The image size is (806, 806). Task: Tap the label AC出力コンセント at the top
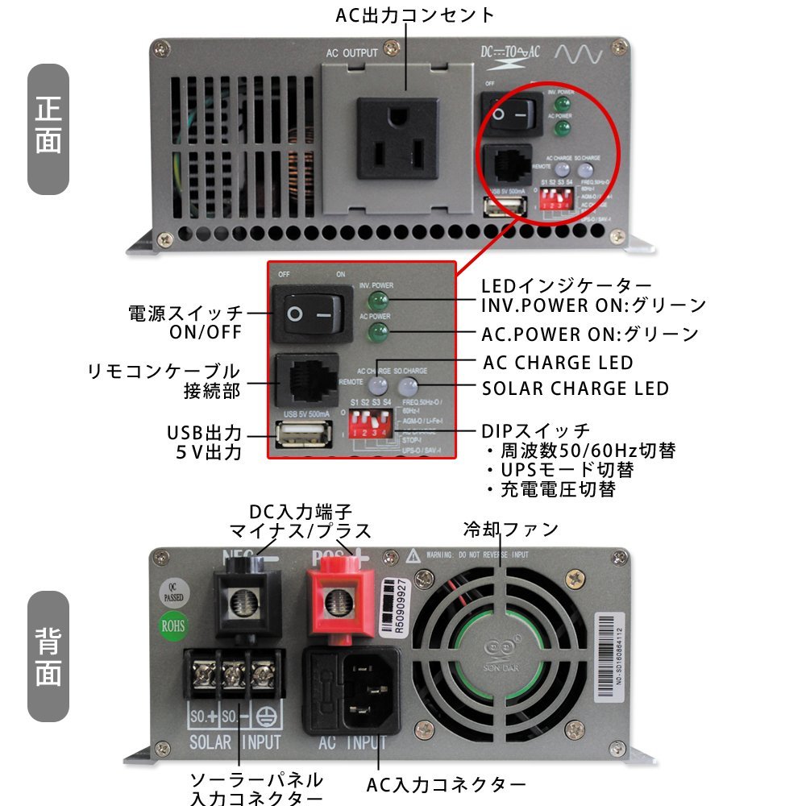pyautogui.click(x=414, y=15)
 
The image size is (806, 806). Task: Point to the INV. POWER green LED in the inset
pyautogui.click(x=376, y=301)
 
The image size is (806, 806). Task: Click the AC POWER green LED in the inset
pyautogui.click(x=376, y=333)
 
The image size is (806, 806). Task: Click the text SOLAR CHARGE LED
pyautogui.click(x=575, y=388)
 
